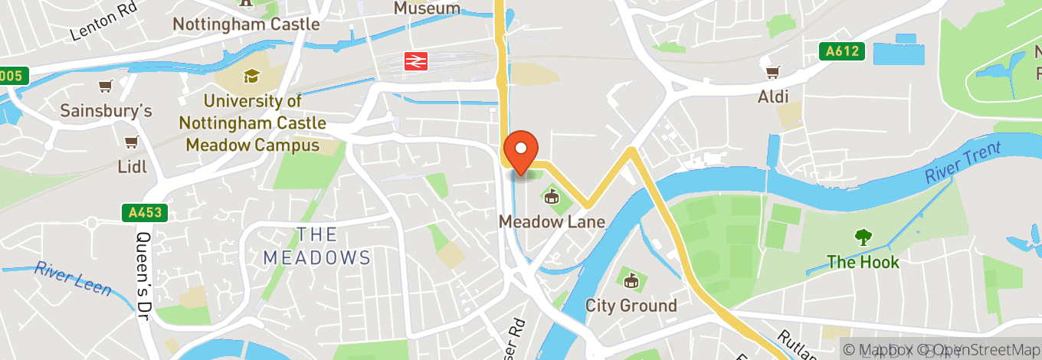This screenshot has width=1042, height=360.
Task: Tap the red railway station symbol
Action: pyautogui.click(x=416, y=61)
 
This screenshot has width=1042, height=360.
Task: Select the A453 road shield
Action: pyautogui.click(x=144, y=212)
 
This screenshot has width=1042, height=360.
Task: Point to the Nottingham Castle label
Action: pyautogui.click(x=246, y=24)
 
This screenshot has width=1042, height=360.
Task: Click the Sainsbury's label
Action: pyautogui.click(x=106, y=111)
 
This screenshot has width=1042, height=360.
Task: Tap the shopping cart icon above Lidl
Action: pyautogui.click(x=131, y=142)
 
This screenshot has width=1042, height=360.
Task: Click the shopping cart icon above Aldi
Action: pyautogui.click(x=772, y=73)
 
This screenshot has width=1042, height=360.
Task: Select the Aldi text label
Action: pyautogui.click(x=773, y=97)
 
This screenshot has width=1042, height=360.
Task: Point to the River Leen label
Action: pyautogui.click(x=73, y=279)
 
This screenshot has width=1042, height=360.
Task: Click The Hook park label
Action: pyautogui.click(x=863, y=262)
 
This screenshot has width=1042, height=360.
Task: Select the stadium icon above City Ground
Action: pyautogui.click(x=631, y=281)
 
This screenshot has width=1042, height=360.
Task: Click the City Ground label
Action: pyautogui.click(x=631, y=306)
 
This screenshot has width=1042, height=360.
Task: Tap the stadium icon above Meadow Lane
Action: pyautogui.click(x=551, y=198)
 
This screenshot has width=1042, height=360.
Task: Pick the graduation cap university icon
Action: pyautogui.click(x=251, y=76)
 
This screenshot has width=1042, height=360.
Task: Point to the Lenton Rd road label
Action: pyautogui.click(x=103, y=23)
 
